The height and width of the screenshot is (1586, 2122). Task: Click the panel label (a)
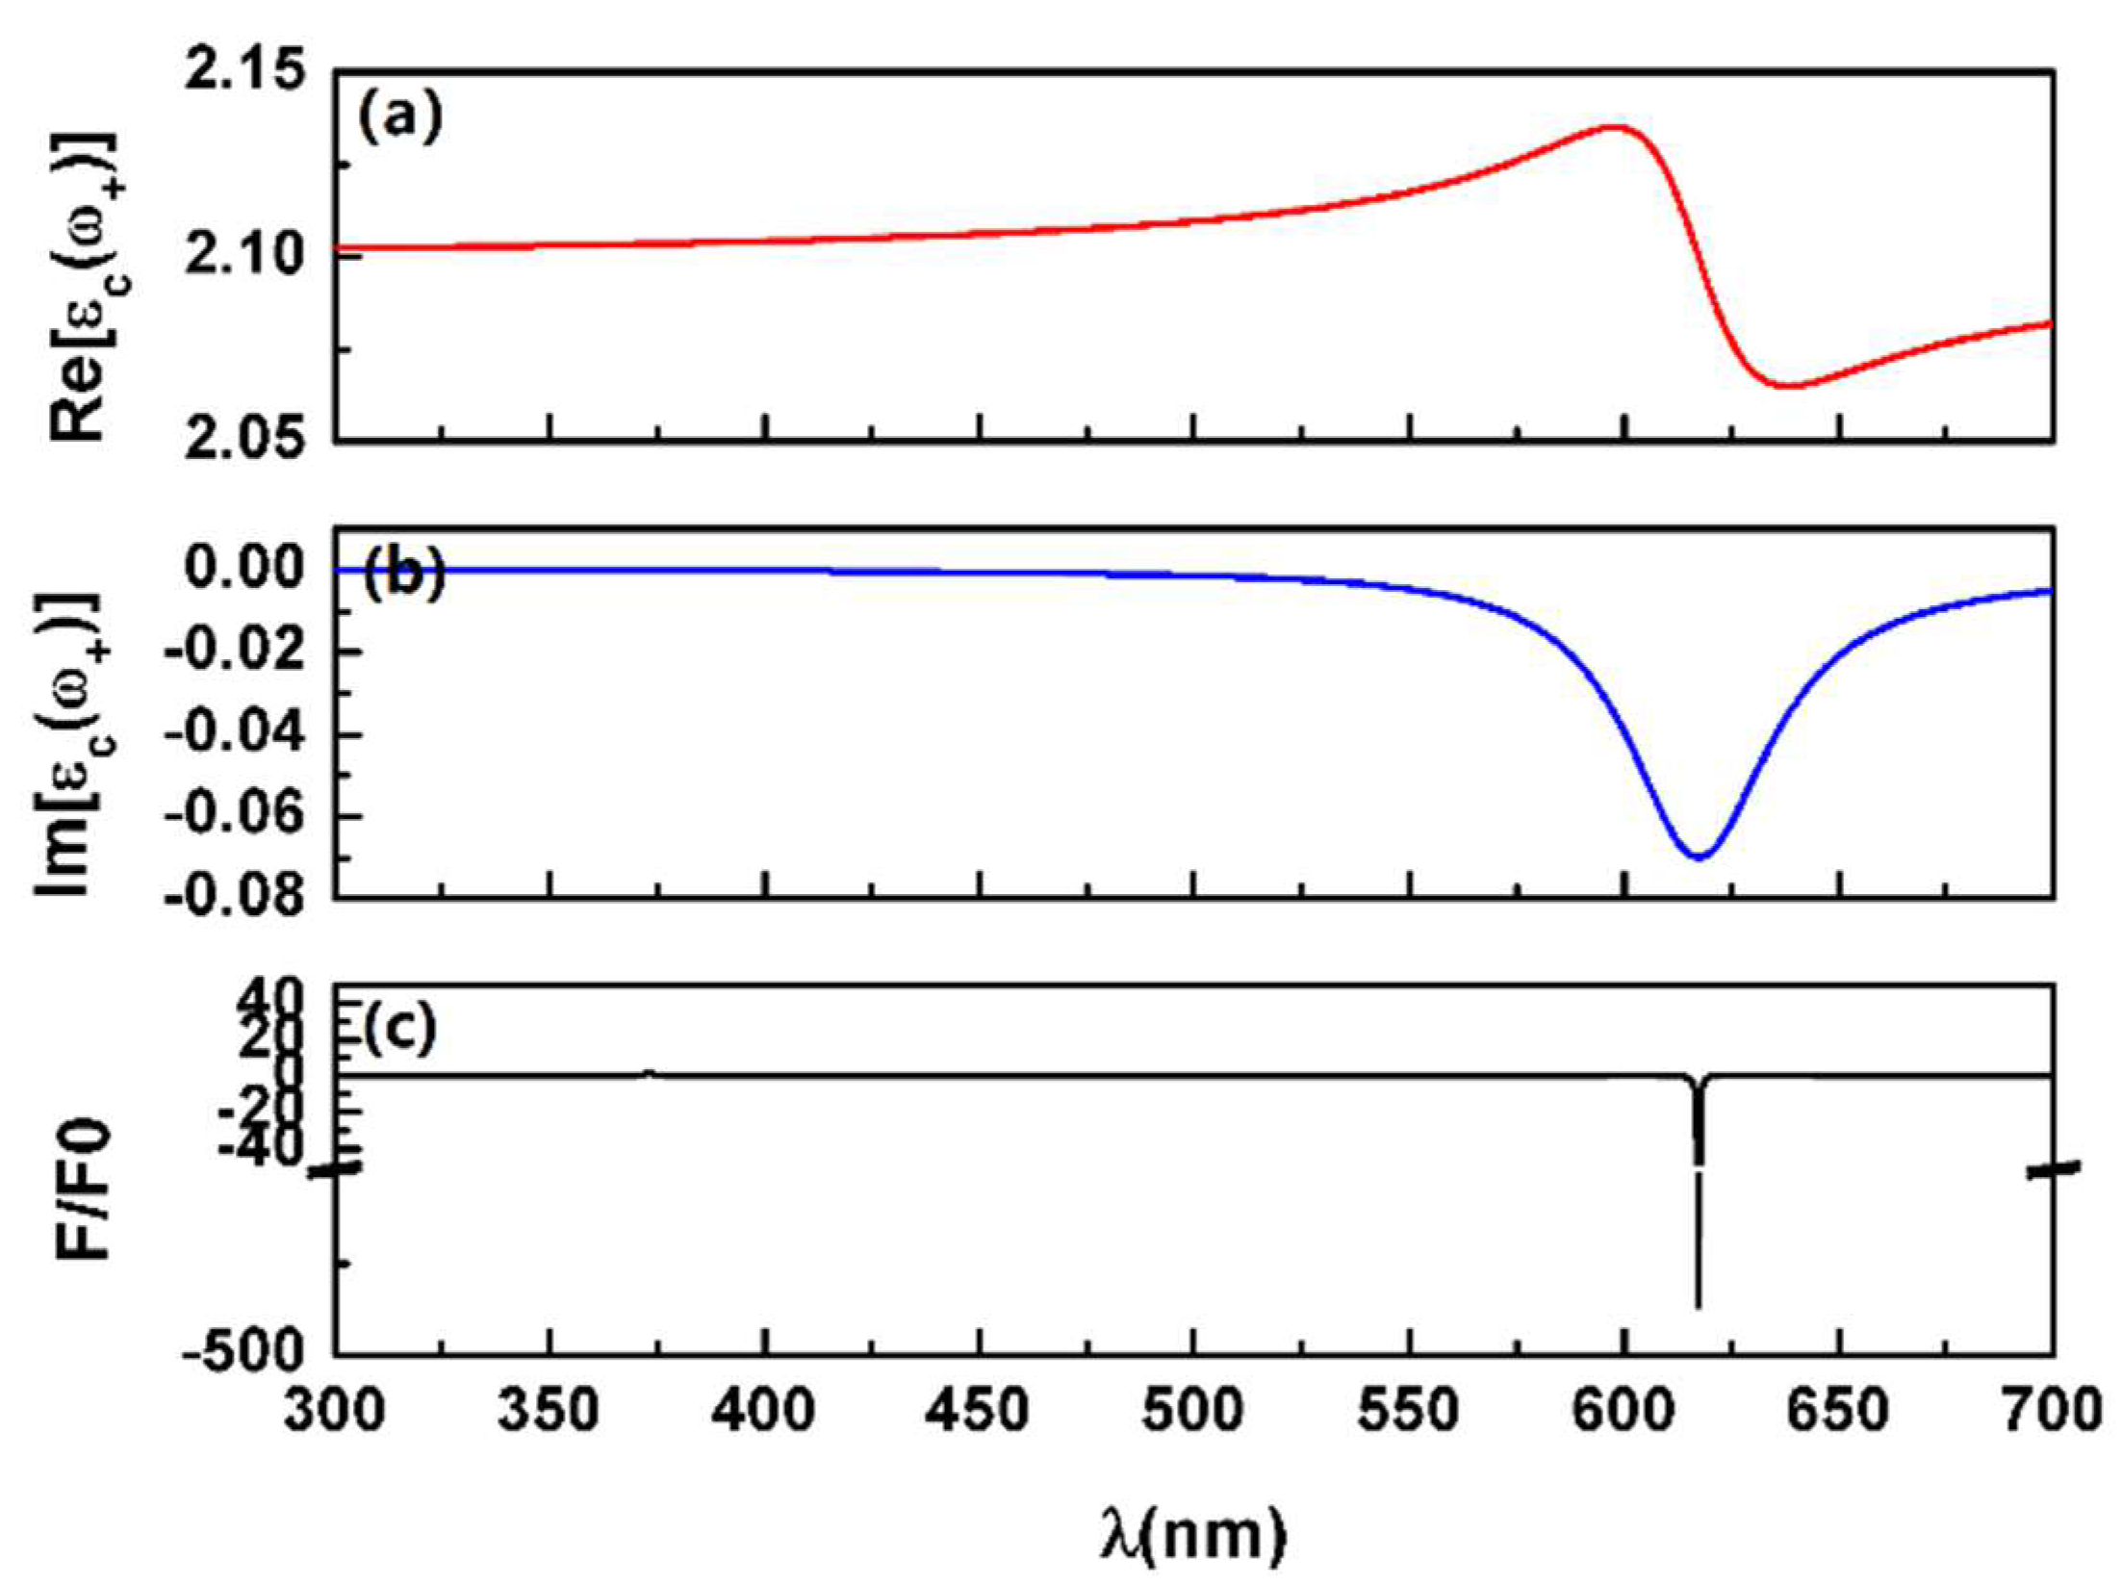coord(399,118)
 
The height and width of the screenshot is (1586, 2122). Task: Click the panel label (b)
coord(404,576)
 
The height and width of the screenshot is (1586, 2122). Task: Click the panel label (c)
coord(400,1029)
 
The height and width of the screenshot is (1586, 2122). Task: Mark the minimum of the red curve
coord(1786,386)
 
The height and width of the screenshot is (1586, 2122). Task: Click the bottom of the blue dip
coord(1699,856)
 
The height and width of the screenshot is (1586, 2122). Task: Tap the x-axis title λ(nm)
coord(1193,1534)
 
